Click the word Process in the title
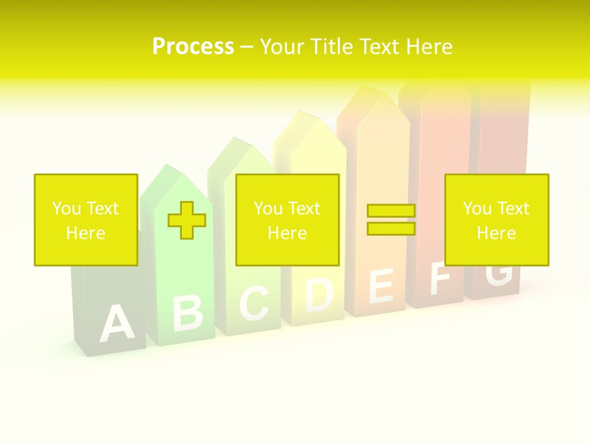pyautogui.click(x=193, y=47)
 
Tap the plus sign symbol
pyautogui.click(x=187, y=220)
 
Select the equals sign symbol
pyautogui.click(x=391, y=220)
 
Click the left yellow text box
pyautogui.click(x=85, y=220)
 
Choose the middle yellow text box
pyautogui.click(x=287, y=220)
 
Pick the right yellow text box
pyautogui.click(x=496, y=220)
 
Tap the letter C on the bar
pyautogui.click(x=254, y=303)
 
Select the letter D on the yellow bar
pyautogui.click(x=320, y=294)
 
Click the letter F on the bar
pyautogui.click(x=440, y=278)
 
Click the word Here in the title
pyautogui.click(x=426, y=47)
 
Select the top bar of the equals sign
pyautogui.click(x=391, y=211)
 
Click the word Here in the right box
pyautogui.click(x=496, y=233)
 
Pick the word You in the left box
pyautogui.click(x=66, y=209)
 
